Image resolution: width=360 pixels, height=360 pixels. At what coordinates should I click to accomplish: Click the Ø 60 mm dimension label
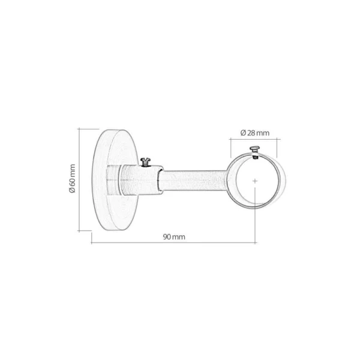[x=72, y=178]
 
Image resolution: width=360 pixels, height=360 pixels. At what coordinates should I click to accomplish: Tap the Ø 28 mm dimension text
[x=255, y=133]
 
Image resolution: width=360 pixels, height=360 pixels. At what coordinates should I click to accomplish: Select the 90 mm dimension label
[x=174, y=237]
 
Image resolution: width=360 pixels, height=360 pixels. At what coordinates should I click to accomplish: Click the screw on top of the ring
[x=254, y=151]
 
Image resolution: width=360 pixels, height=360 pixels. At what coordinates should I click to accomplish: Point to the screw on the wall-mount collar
[x=145, y=162]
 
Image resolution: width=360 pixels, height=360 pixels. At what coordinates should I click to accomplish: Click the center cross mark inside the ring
[x=255, y=181]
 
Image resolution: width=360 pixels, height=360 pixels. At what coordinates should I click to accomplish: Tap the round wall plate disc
[x=115, y=180]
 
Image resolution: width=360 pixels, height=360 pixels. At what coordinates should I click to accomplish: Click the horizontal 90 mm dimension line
[x=173, y=242]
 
